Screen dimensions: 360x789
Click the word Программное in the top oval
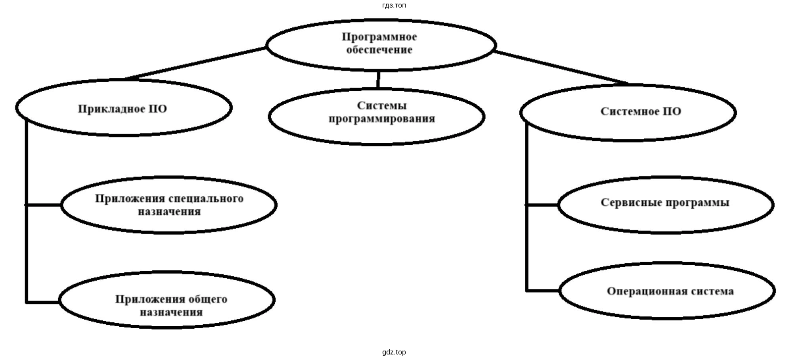(379, 37)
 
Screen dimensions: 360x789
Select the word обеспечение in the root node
(379, 50)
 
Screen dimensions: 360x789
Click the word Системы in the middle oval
(381, 105)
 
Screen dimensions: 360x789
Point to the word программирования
(381, 119)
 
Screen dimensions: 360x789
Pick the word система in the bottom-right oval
(712, 291)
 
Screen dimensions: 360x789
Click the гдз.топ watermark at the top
(394, 5)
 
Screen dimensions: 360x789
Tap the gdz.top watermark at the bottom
(394, 352)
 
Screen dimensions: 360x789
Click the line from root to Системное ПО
(561, 67)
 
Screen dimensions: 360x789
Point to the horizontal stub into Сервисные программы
(542, 205)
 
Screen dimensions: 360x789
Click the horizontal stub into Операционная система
(543, 291)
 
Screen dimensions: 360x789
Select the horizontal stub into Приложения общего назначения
(43, 302)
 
